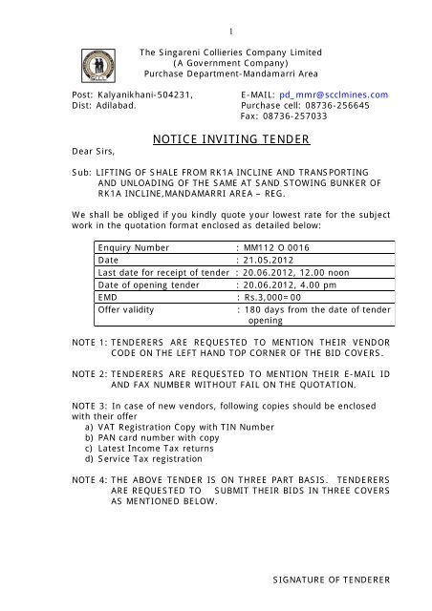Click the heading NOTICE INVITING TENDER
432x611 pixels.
[x=231, y=140]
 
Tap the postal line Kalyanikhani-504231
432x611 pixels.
[x=137, y=95]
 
